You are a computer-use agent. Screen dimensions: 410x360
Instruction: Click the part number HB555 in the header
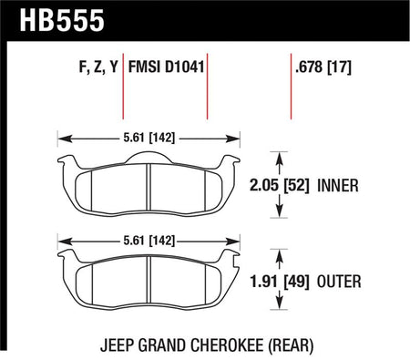pos(62,20)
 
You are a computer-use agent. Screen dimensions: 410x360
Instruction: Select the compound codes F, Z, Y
pos(98,67)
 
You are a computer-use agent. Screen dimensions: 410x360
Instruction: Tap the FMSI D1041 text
pos(166,67)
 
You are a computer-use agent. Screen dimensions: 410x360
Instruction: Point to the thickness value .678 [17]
pos(323,67)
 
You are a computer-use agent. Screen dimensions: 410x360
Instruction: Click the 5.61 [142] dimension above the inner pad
pos(149,139)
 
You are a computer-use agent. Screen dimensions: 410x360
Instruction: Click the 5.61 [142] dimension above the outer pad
pos(149,241)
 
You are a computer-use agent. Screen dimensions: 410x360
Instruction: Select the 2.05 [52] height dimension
pos(279,185)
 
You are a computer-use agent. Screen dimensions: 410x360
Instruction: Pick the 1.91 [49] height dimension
pos(279,282)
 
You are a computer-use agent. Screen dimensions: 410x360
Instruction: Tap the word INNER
pos(338,185)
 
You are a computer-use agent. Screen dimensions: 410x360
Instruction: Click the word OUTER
pos(339,282)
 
